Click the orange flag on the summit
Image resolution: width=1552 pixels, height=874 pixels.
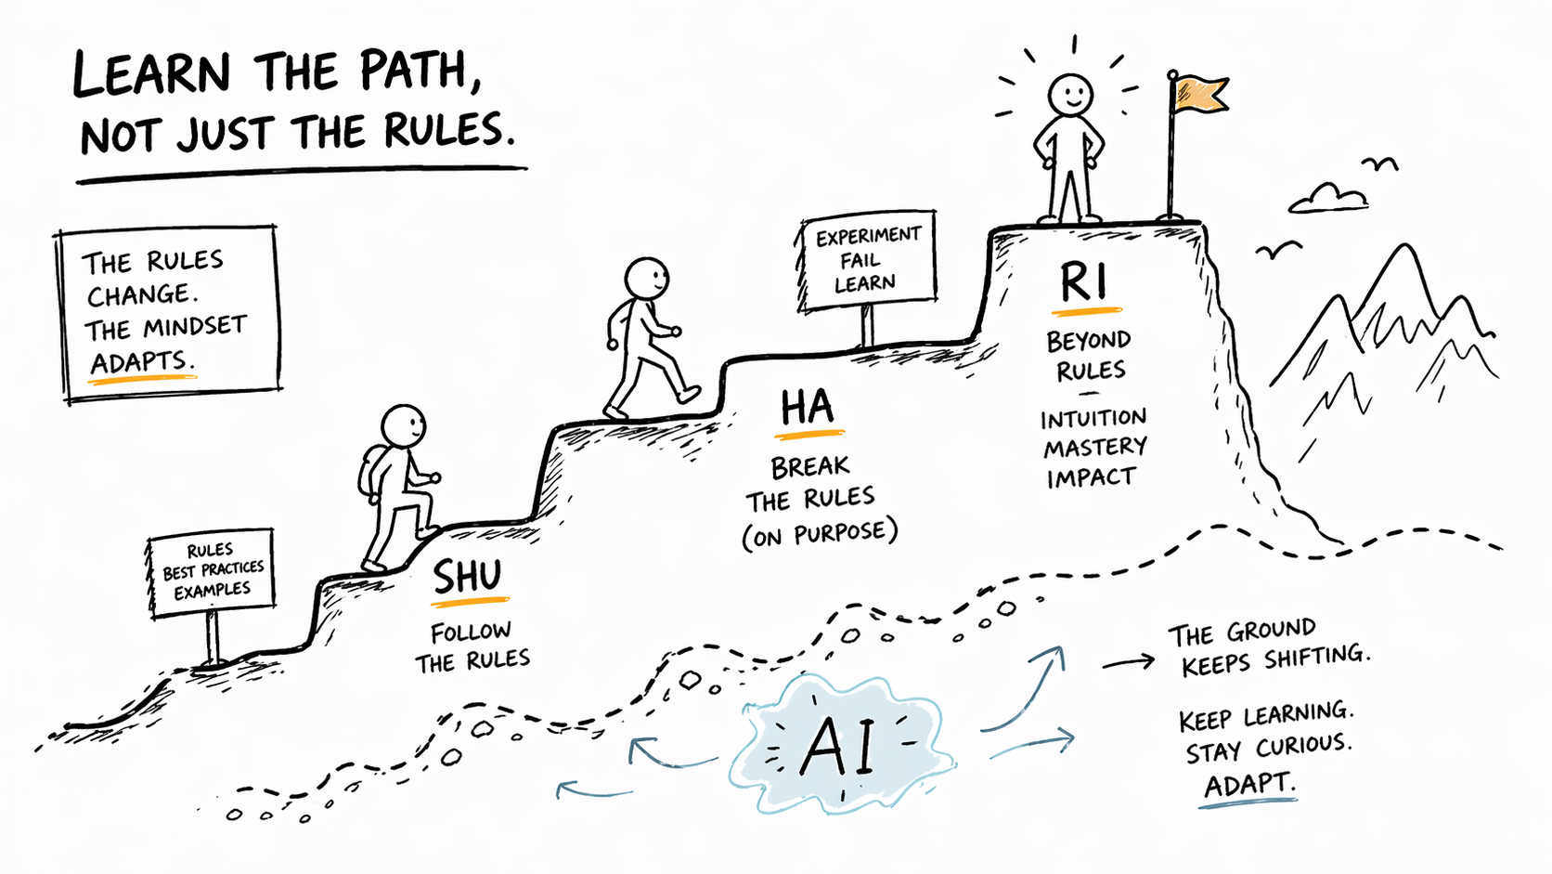(x=1201, y=94)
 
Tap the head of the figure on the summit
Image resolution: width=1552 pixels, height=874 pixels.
(x=1070, y=94)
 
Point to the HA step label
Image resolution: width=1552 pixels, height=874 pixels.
(x=808, y=409)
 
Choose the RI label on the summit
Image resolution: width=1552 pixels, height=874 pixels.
(x=1083, y=282)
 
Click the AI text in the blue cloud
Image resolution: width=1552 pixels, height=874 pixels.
(x=840, y=746)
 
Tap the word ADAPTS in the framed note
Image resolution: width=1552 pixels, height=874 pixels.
(x=142, y=362)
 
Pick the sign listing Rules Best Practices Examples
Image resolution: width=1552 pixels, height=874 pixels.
(x=212, y=572)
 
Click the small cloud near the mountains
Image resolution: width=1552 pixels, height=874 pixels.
(x=1328, y=198)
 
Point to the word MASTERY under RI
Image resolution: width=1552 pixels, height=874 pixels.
(x=1094, y=448)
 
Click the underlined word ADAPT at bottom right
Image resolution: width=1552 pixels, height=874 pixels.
(x=1248, y=785)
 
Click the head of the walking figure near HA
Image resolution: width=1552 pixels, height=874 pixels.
(x=646, y=279)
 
